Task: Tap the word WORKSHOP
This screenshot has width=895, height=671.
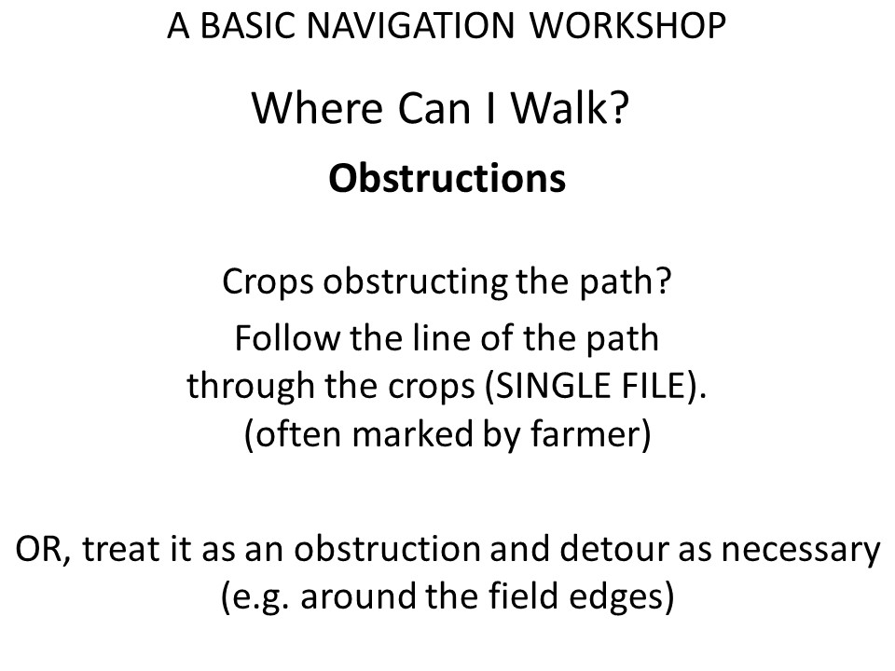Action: [x=627, y=26]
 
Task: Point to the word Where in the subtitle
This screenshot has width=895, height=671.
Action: [x=317, y=108]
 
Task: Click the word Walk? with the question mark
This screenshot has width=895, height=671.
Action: [x=570, y=108]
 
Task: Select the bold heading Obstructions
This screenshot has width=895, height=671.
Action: [x=447, y=178]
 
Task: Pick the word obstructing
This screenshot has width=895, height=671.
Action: [x=415, y=282]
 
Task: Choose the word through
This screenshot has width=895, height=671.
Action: [x=251, y=386]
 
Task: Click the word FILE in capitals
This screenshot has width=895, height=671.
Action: [x=650, y=386]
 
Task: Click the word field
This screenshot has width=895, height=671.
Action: [x=522, y=596]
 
